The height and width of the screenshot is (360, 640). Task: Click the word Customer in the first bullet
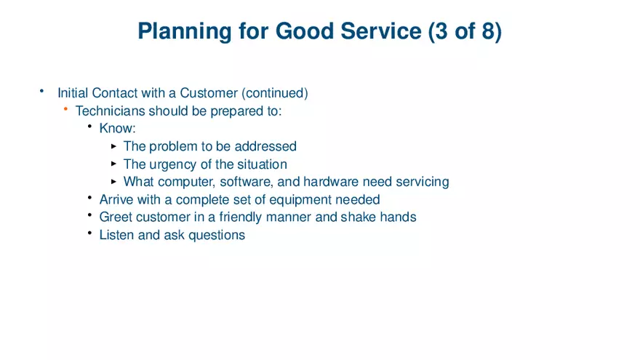pos(209,93)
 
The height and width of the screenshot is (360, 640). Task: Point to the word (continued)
pos(275,93)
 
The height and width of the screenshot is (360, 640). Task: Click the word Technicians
pos(111,111)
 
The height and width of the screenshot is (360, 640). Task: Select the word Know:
pos(118,129)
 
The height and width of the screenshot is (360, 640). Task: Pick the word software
pos(245,182)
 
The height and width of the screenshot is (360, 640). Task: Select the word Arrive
pos(116,199)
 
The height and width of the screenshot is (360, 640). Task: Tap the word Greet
pos(116,217)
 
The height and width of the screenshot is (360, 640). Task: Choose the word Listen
pos(116,235)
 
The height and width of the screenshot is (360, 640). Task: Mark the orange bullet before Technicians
pos(65,110)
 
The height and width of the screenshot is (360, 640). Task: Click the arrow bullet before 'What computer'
pos(113,182)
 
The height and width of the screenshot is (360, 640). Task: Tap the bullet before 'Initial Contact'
pos(42,92)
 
